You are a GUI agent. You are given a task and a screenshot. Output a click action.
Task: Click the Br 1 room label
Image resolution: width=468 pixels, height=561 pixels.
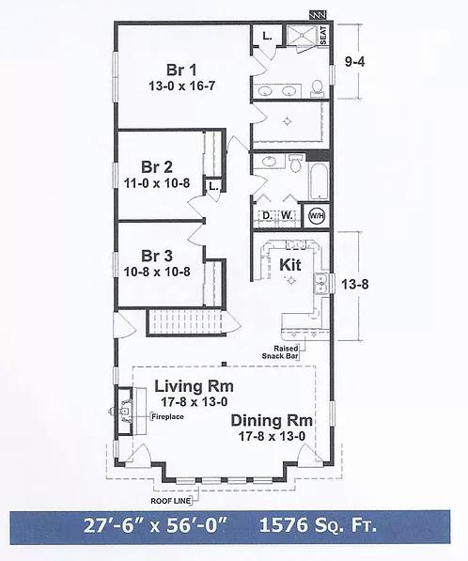[181, 70]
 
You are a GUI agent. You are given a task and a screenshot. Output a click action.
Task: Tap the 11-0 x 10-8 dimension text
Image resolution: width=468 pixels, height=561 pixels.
[157, 183]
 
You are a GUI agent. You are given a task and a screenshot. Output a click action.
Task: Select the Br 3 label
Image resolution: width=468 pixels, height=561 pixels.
[157, 257]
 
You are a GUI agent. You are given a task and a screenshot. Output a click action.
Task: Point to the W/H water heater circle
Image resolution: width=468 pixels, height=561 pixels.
[317, 216]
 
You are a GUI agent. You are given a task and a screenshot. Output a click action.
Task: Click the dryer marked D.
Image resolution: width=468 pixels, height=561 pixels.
[267, 215]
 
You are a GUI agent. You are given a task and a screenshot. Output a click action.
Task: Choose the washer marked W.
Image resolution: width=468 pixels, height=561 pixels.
[287, 215]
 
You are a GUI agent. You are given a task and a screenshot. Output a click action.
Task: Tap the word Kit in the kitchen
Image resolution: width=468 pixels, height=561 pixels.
[290, 265]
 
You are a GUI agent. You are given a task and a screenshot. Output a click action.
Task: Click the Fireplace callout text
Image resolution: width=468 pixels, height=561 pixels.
[168, 417]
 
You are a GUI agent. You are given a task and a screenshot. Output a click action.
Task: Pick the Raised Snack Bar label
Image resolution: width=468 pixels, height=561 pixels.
[280, 352]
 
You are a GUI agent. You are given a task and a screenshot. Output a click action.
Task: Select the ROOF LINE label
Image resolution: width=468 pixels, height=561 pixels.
[171, 501]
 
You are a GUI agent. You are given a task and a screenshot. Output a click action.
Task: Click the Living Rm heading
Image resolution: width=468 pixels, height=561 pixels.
[194, 386]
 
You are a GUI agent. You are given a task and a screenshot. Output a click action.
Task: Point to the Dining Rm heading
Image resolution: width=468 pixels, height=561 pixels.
[272, 421]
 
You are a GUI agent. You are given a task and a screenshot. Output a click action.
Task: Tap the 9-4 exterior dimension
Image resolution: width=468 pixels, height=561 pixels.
[354, 62]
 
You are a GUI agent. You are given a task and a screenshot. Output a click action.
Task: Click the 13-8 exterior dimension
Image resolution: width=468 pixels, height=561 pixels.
[354, 285]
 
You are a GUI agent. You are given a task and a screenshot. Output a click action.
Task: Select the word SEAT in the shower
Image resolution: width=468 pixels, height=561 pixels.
[323, 35]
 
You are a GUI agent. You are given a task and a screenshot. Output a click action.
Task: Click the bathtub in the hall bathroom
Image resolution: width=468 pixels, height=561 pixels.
[320, 181]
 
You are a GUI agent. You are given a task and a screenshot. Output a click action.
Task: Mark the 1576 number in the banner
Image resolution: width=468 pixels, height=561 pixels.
[283, 525]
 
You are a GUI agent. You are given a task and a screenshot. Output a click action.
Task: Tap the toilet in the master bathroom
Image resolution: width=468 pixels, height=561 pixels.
[317, 88]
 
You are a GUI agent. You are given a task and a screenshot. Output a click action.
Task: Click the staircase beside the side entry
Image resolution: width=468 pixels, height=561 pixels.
[186, 323]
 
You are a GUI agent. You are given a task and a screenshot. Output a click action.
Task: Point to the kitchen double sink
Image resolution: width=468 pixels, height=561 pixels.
[321, 284]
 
